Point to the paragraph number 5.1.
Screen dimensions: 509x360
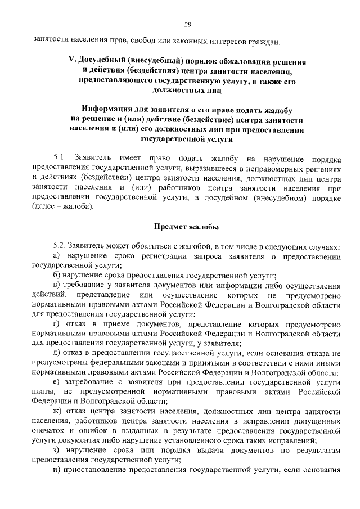(x=60, y=160)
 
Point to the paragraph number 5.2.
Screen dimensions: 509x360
(x=60, y=246)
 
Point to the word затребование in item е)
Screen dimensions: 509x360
(x=89, y=382)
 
